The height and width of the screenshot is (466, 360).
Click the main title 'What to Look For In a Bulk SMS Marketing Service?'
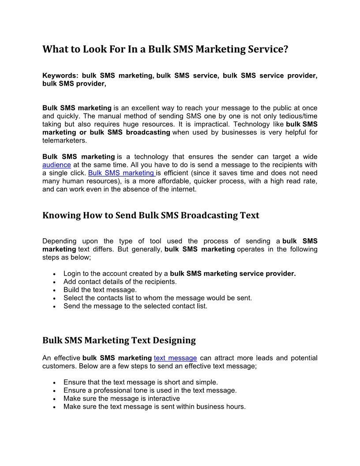coord(165,49)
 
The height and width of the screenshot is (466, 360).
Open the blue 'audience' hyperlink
coord(56,165)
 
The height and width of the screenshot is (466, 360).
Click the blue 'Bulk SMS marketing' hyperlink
coord(121,173)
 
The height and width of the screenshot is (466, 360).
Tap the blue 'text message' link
coord(175,358)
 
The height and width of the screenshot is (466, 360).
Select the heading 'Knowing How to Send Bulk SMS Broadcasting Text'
coord(151,215)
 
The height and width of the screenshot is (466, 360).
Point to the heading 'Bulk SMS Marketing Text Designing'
coord(119,340)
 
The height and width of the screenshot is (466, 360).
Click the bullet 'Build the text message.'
coord(100,290)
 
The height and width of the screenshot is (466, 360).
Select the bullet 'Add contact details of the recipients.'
coord(120,282)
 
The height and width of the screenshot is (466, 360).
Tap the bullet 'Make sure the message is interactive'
coord(122,398)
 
